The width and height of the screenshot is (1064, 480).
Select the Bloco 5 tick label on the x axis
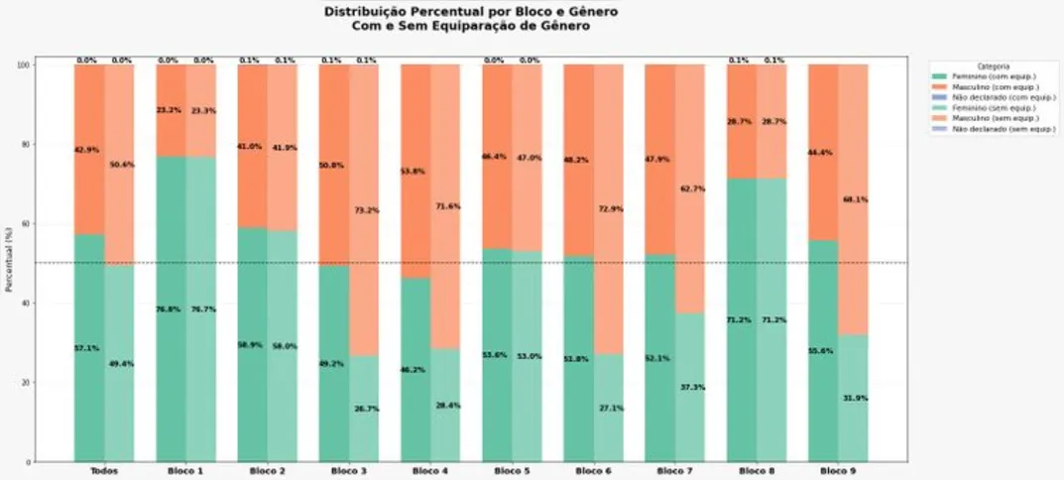tap(511, 471)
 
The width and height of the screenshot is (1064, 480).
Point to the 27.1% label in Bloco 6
tap(612, 408)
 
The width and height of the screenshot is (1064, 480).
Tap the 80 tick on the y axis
tap(54, 144)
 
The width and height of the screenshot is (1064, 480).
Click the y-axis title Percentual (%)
tap(9, 263)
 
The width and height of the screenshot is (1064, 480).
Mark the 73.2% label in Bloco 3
tap(367, 210)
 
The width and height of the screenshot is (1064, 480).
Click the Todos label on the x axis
tap(103, 471)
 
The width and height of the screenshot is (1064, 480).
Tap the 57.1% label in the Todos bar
tap(87, 348)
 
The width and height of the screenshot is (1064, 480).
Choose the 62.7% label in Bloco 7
tap(693, 188)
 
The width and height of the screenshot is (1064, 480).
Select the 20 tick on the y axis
tap(54, 382)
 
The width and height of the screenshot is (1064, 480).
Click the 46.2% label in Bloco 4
tap(414, 369)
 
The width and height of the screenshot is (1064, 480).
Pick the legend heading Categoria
tap(994, 65)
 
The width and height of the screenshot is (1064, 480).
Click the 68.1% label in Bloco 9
tap(856, 199)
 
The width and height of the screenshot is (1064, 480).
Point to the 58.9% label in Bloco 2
tap(250, 346)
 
